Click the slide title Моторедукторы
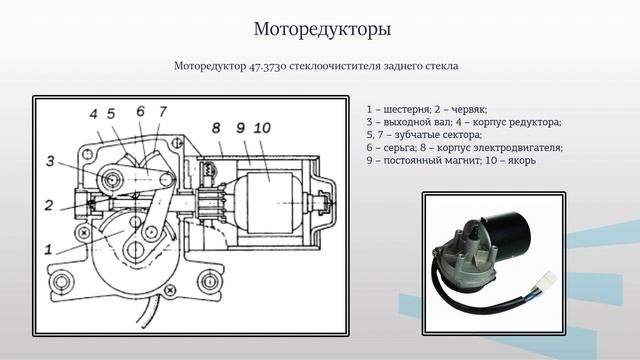click(x=322, y=29)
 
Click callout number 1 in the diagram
click(x=49, y=249)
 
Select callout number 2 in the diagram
click(x=49, y=205)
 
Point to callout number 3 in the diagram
click(x=50, y=161)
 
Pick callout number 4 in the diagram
click(x=93, y=114)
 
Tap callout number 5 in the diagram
click(x=111, y=114)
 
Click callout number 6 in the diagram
click(x=140, y=111)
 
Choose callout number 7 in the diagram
click(x=163, y=111)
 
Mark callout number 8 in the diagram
click(x=216, y=128)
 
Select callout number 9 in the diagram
click(x=241, y=128)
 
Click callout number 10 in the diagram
click(x=262, y=128)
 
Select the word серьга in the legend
click(x=400, y=148)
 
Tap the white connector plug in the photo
click(x=548, y=280)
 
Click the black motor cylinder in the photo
click(x=509, y=234)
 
